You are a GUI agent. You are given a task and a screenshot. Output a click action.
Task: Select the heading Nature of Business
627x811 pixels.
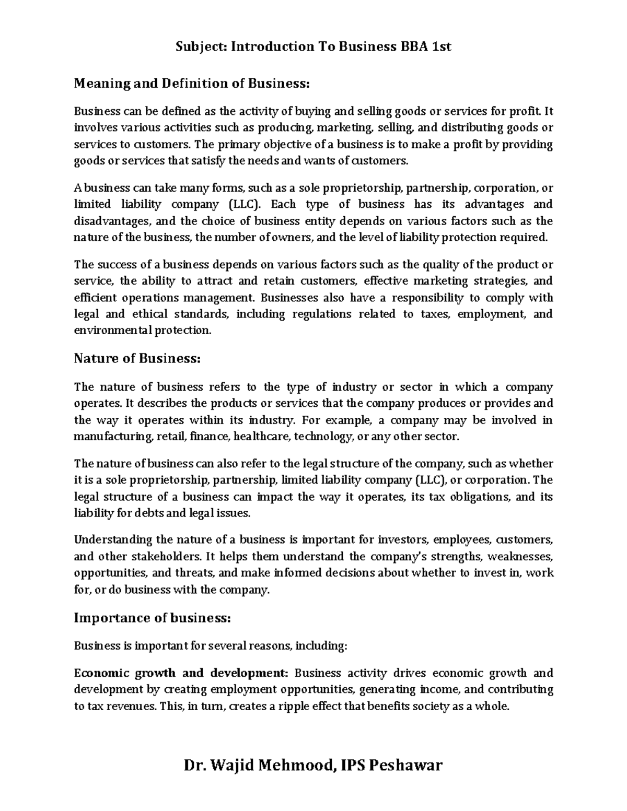pyautogui.click(x=137, y=359)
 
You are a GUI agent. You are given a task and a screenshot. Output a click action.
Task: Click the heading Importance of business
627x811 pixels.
pyautogui.click(x=152, y=618)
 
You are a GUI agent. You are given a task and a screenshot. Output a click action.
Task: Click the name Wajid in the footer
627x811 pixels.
pyautogui.click(x=235, y=766)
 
